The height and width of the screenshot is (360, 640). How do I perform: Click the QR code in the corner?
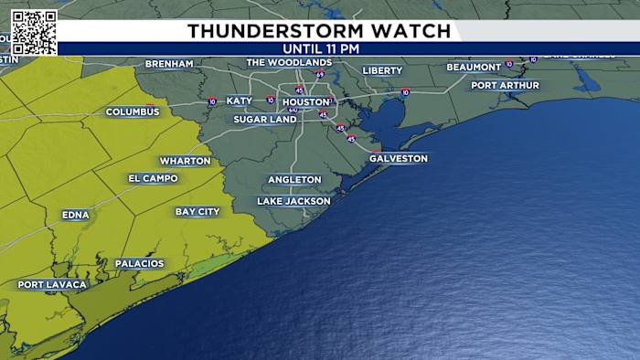pos(34,32)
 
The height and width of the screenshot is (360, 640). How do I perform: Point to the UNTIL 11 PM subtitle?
pos(320,48)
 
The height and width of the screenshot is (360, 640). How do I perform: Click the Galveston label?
pos(398,158)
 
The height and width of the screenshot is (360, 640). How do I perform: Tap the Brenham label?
pos(169,64)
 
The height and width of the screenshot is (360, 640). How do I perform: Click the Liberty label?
pos(382,70)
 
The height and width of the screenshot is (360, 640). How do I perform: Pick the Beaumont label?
pos(474,67)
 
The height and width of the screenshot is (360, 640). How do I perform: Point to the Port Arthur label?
pos(505,85)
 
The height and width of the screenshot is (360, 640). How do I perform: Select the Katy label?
pos(239,101)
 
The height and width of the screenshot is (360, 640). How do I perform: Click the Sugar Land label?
pos(264,120)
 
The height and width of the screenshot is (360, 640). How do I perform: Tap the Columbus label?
pos(133,111)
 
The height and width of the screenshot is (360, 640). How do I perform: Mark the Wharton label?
pos(185,161)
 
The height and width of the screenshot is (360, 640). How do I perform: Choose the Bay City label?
pos(197,212)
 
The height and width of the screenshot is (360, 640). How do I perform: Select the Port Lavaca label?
pos(52,285)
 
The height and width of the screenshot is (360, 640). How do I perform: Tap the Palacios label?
pos(139,264)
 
